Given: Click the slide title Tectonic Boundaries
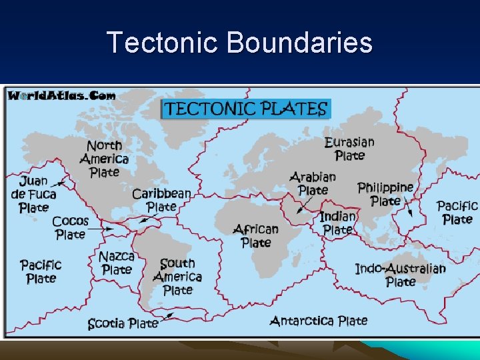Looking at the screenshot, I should (239, 43).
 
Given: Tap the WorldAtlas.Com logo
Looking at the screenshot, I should (61, 95).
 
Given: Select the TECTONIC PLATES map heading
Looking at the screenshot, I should (246, 109).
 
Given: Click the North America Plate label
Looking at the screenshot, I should (104, 159).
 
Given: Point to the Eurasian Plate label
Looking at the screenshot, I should (349, 148).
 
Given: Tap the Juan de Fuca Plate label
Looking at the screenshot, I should (33, 194).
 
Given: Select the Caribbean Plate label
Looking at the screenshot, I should (161, 200).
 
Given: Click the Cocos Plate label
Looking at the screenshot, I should (70, 227).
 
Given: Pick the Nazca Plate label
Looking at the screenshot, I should (117, 263).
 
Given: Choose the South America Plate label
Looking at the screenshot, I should (177, 277).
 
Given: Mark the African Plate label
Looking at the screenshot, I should (256, 235).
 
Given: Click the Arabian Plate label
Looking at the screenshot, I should (313, 183).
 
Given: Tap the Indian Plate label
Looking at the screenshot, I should (337, 223).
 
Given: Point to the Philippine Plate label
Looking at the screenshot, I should (385, 194).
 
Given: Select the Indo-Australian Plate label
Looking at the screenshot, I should (400, 275).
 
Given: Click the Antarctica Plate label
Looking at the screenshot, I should (318, 321).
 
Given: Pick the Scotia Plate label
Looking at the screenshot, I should (123, 324).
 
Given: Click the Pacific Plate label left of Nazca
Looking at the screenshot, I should (41, 271).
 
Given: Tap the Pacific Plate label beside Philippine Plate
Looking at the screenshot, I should (457, 212).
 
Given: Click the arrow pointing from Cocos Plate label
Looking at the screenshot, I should (101, 229).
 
